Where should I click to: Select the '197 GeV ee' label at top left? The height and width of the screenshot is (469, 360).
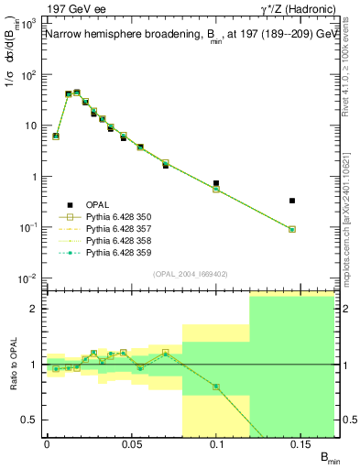pyautogui.click(x=74, y=10)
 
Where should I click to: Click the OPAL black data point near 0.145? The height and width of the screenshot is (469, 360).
pyautogui.click(x=292, y=200)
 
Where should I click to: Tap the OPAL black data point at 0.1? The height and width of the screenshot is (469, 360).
pyautogui.click(x=216, y=183)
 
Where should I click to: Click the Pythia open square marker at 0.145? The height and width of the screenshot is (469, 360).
pyautogui.click(x=292, y=229)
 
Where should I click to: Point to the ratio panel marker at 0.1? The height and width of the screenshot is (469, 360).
pyautogui.click(x=216, y=387)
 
